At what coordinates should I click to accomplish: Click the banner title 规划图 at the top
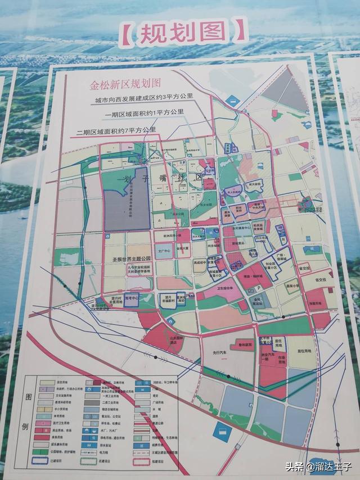coord(183,32)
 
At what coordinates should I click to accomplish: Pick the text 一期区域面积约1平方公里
coord(144,113)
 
